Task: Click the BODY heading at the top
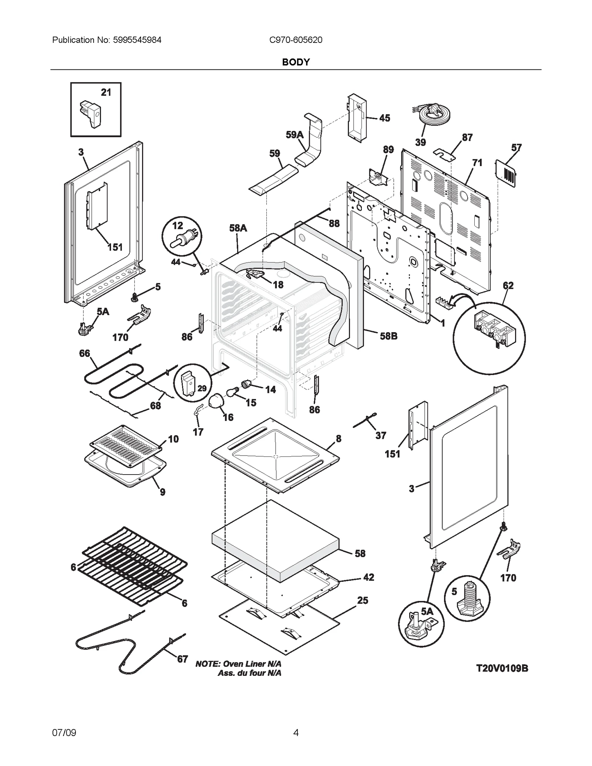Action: point(296,62)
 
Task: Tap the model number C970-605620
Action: point(296,40)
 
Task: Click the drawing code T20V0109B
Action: point(502,679)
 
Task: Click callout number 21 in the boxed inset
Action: point(106,92)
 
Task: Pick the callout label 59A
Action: point(294,135)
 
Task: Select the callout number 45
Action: point(384,118)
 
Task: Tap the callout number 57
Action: point(516,148)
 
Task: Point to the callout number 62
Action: point(508,286)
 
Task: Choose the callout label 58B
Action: point(388,336)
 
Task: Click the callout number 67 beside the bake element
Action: point(182,659)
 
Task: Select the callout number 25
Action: point(363,600)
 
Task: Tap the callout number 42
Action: point(369,577)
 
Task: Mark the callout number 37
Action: point(381,436)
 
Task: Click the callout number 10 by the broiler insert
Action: point(173,439)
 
